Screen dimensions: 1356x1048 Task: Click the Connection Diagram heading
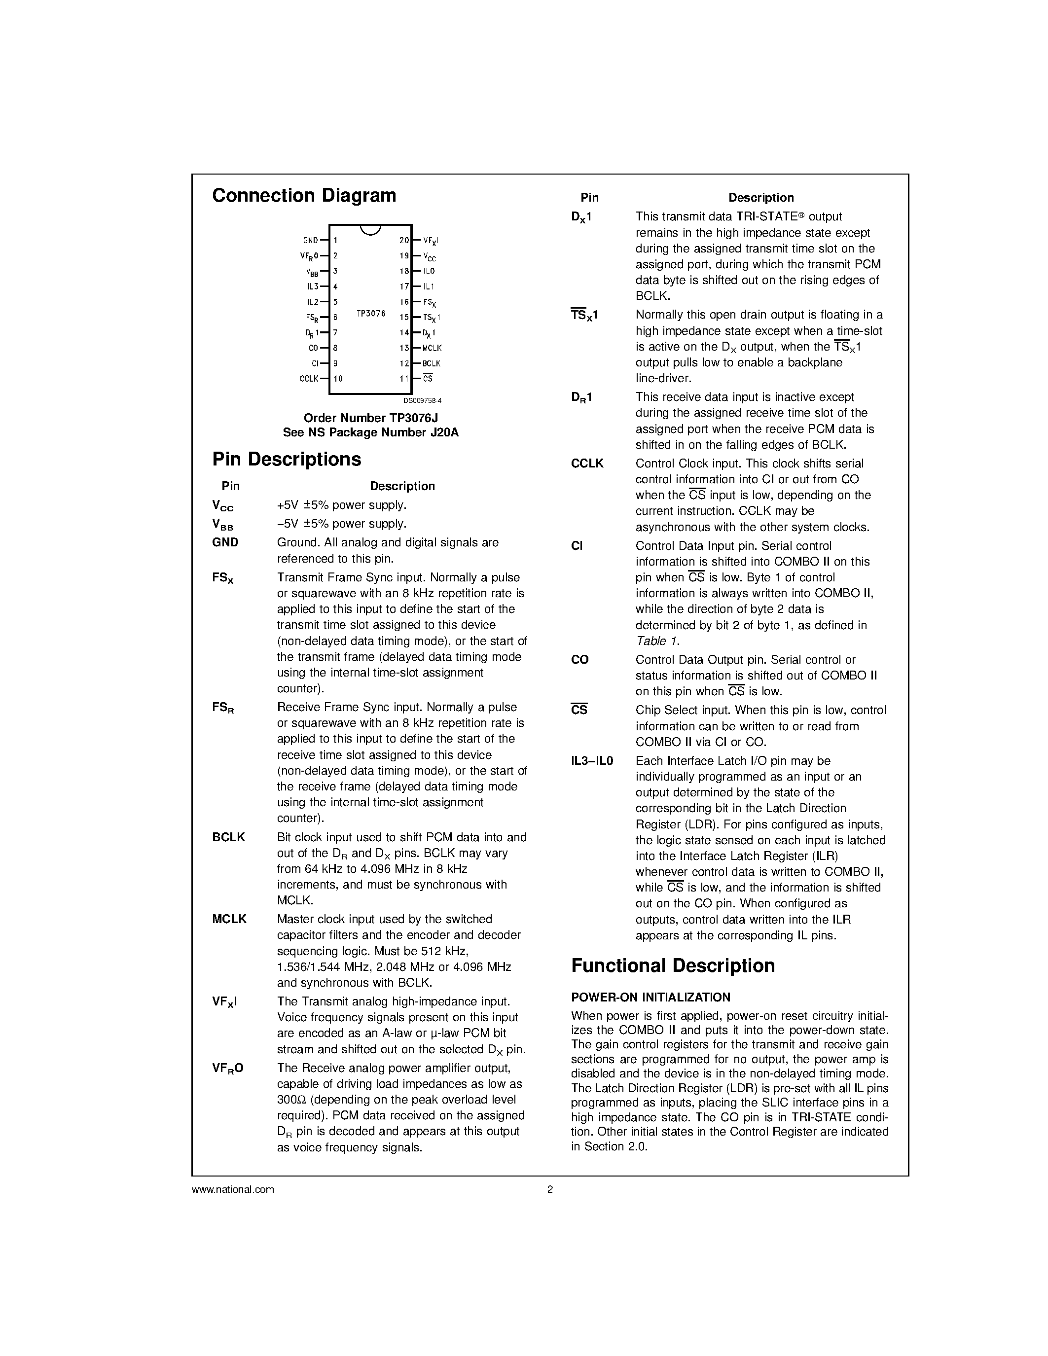coord(304,196)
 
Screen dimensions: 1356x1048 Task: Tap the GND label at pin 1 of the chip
coord(310,240)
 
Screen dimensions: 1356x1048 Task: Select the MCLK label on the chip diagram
coord(432,348)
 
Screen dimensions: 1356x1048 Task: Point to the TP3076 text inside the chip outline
coord(371,314)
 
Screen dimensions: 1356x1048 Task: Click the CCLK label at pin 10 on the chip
coord(309,379)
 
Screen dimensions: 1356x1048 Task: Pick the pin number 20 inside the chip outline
coord(403,240)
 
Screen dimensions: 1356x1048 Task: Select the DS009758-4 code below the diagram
coord(422,401)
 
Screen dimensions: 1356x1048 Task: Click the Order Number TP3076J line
coord(371,418)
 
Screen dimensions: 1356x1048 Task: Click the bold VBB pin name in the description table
coord(222,525)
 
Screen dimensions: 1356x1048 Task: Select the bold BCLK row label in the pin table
coord(228,837)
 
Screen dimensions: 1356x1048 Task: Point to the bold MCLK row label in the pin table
coord(229,919)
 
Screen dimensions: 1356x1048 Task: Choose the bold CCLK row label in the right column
coord(587,463)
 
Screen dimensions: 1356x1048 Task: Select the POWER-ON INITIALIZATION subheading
coord(650,997)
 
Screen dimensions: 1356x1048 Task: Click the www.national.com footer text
coord(233,1190)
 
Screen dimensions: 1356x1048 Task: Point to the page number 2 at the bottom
coord(549,1190)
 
